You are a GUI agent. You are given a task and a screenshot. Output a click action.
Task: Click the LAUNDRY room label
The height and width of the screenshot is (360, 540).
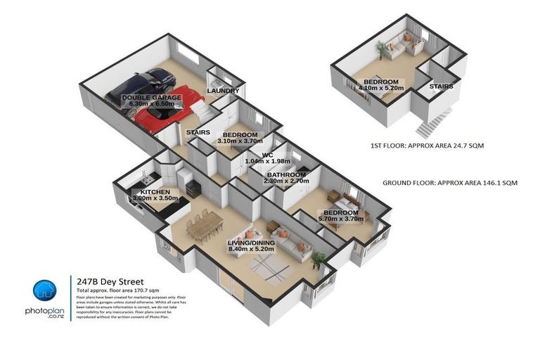223,91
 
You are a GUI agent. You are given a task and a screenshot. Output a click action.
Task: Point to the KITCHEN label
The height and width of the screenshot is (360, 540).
155,191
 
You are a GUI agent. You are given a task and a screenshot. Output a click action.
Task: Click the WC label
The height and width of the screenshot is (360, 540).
267,155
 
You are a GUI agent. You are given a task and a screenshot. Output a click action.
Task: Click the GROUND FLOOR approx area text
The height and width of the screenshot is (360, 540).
449,183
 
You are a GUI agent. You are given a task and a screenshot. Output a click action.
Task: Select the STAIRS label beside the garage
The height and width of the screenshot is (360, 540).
197,131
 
